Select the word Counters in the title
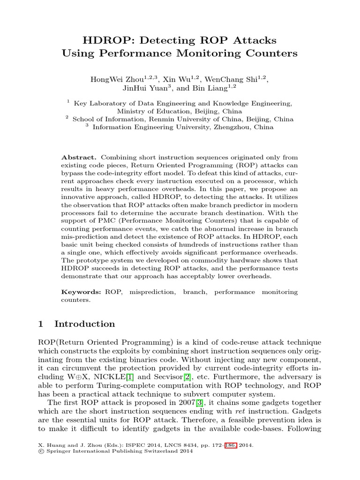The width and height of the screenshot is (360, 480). [x=269, y=53]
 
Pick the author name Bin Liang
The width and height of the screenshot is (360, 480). [x=210, y=88]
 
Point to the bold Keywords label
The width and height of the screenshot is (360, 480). [x=81, y=292]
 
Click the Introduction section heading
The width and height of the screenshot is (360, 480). [x=84, y=324]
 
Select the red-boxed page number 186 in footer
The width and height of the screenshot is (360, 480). [x=232, y=445]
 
